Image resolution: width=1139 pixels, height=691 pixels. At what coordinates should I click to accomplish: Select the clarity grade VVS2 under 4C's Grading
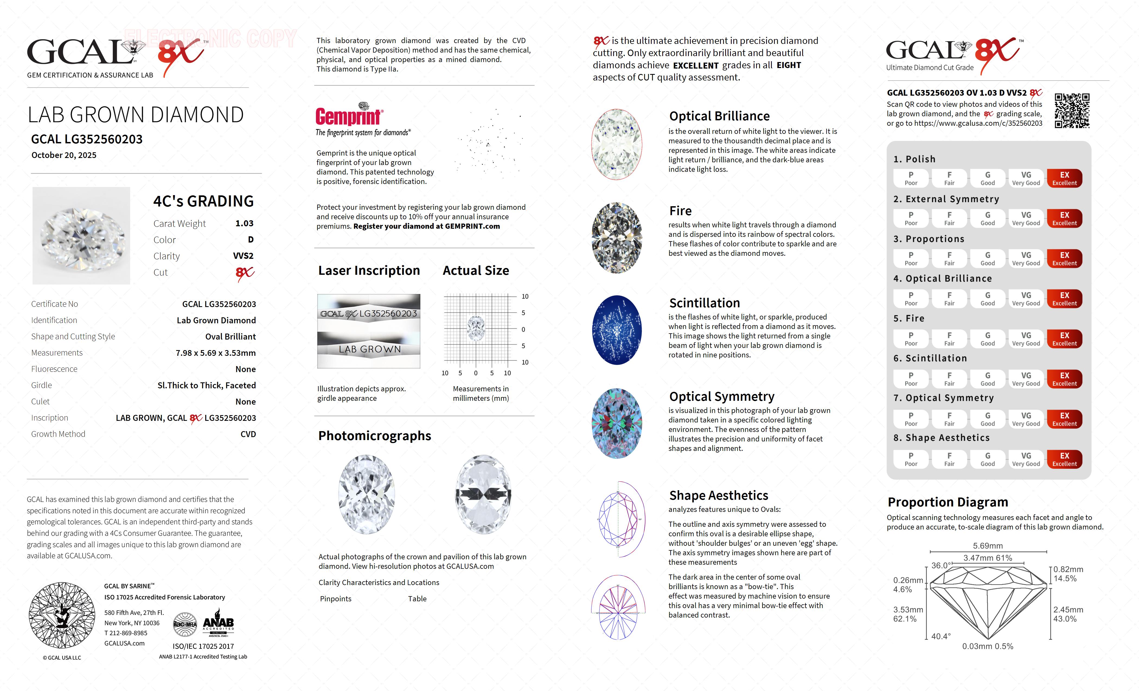tap(243, 256)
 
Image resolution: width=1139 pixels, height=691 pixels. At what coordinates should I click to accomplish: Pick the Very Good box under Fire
tap(1026, 338)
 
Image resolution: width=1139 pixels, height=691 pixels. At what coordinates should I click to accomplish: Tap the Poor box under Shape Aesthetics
tap(911, 459)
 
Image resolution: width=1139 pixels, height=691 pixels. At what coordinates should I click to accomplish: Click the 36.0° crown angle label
tap(941, 565)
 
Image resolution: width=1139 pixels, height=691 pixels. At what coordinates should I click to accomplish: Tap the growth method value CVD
tap(248, 434)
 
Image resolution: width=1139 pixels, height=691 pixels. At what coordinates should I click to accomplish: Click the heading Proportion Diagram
tap(948, 502)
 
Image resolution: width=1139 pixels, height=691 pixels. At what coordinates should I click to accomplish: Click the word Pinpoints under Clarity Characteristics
tap(336, 599)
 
